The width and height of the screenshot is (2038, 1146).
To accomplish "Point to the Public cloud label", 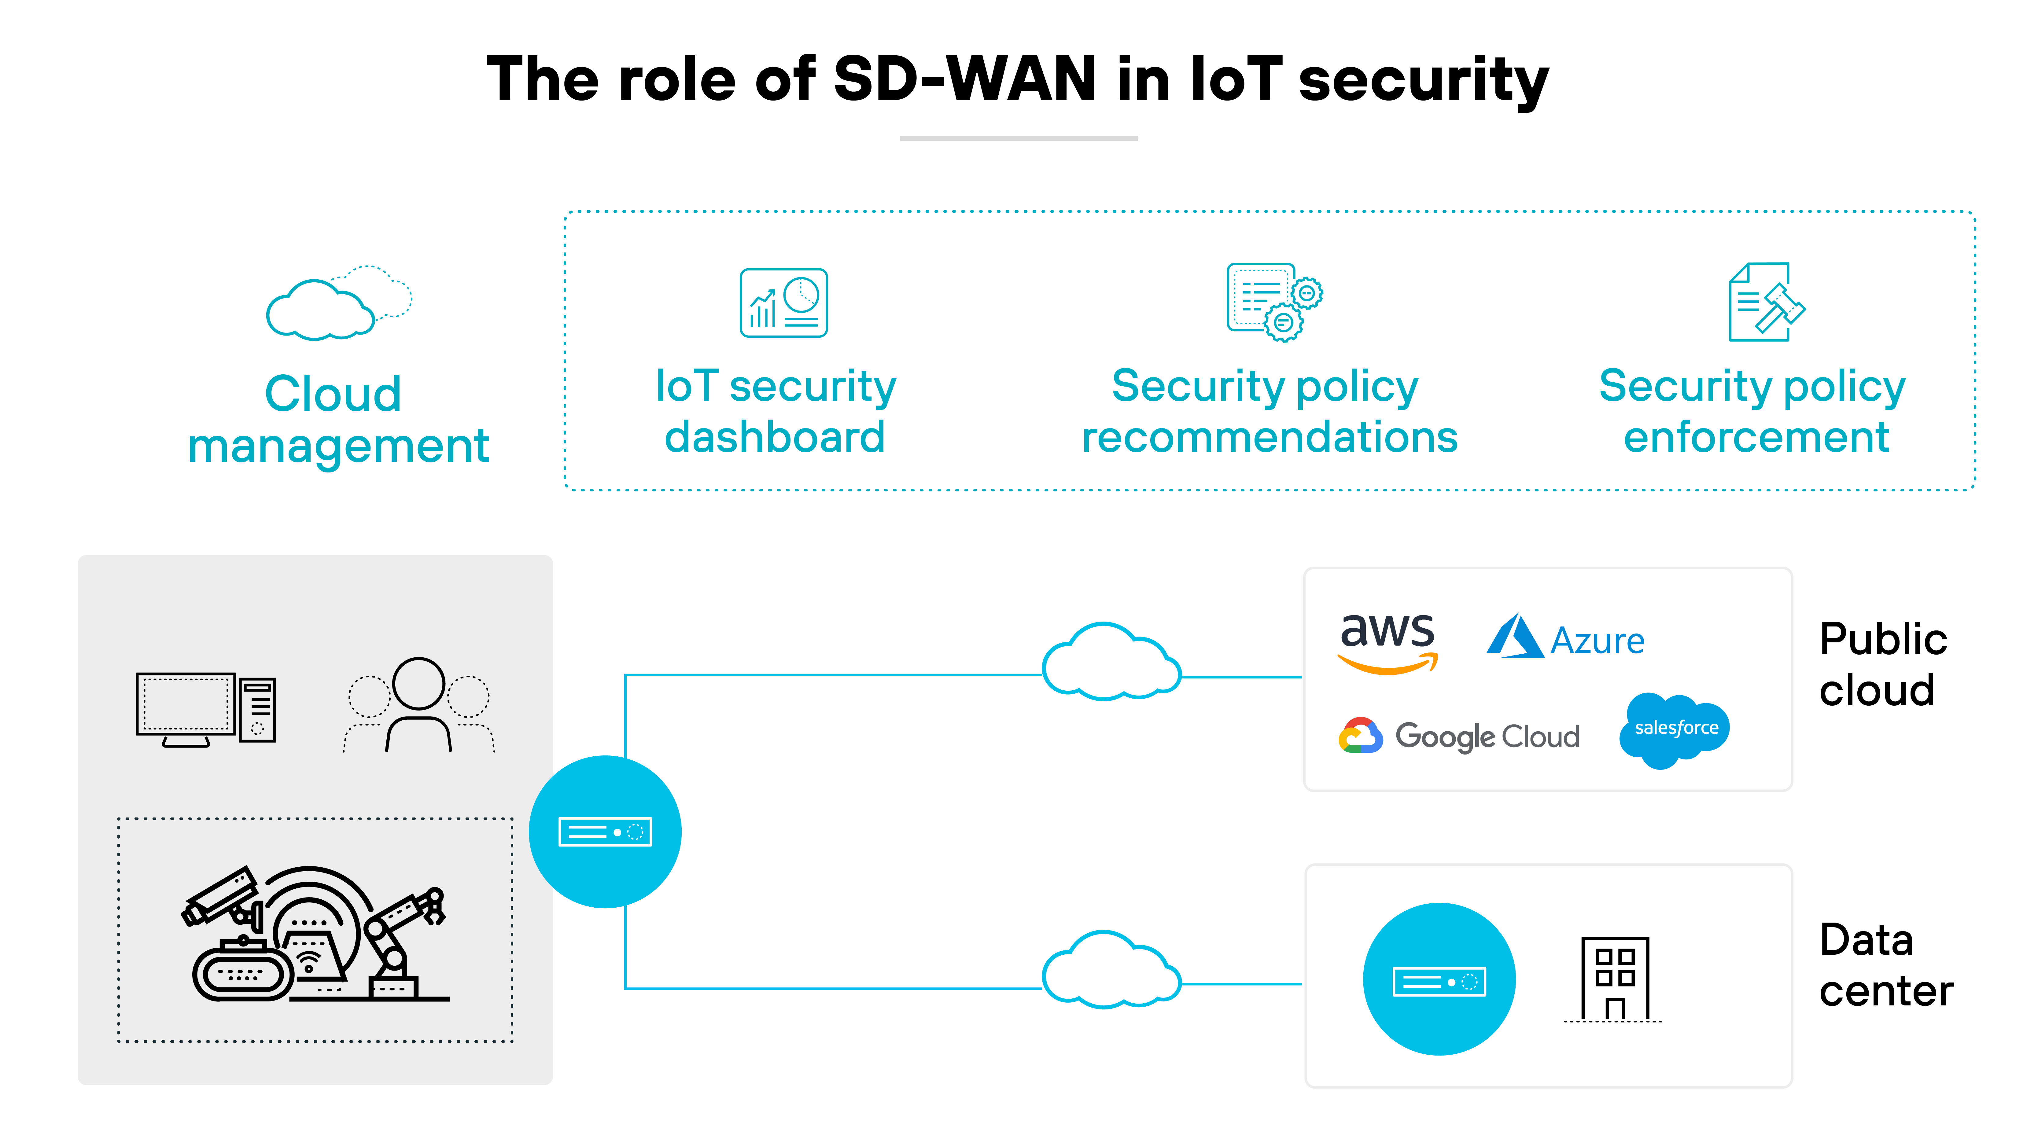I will (x=1881, y=664).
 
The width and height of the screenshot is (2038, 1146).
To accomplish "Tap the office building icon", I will (x=1614, y=979).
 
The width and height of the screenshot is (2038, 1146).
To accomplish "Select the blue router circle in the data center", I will (x=1438, y=979).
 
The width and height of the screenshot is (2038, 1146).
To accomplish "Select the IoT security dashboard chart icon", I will (x=783, y=303).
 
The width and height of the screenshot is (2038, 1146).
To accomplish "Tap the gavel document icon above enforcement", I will (x=1766, y=303).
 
